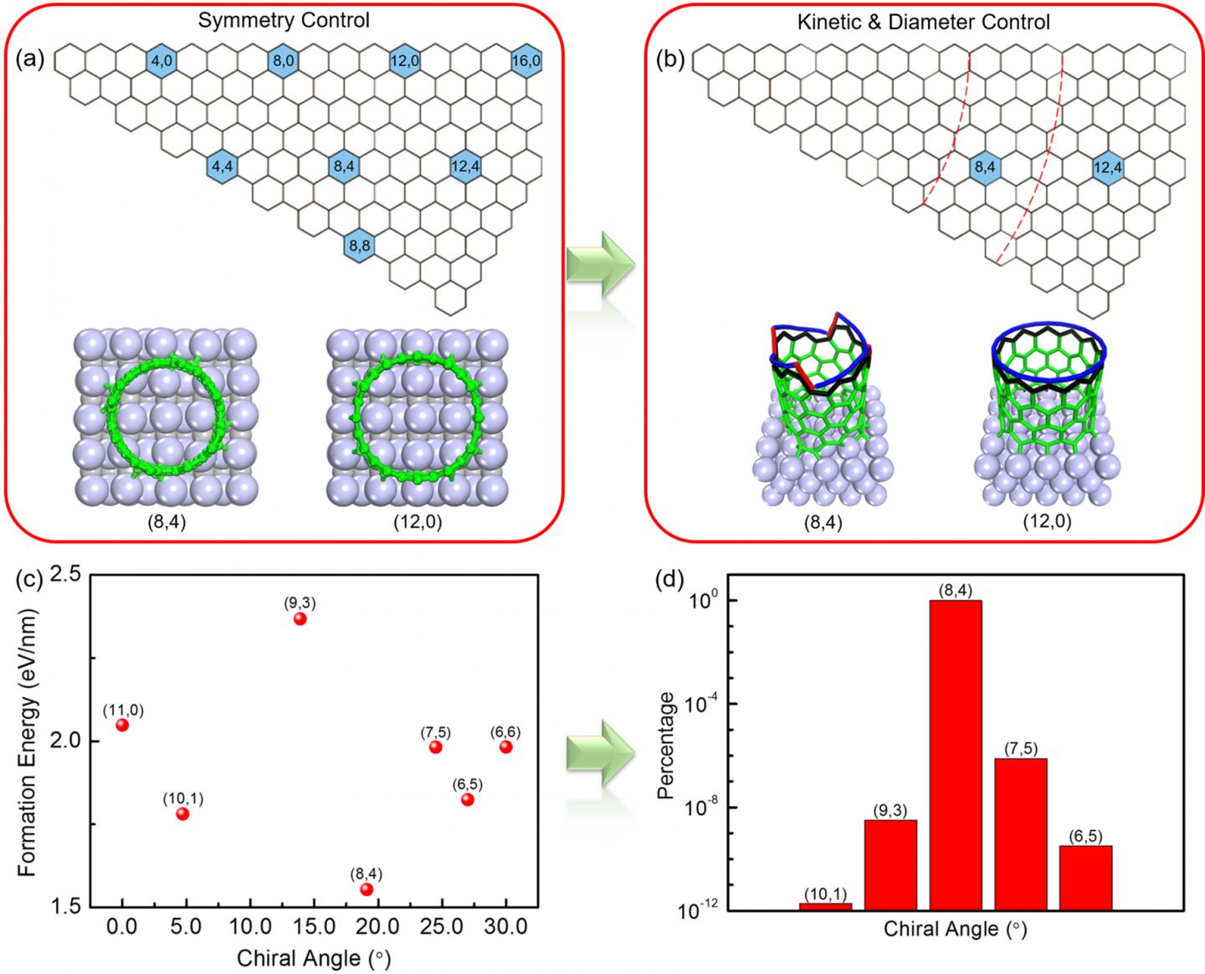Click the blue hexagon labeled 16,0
[526, 61]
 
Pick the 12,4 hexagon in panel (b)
[1107, 168]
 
